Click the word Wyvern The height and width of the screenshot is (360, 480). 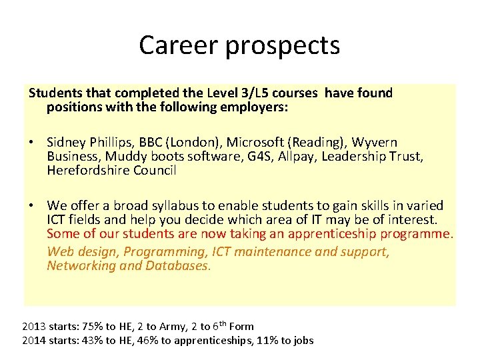(375, 143)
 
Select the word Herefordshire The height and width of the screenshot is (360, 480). (89, 170)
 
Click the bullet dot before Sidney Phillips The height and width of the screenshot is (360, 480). (31, 143)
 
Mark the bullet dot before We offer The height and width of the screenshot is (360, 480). (31, 206)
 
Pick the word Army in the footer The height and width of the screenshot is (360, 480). (171, 327)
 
